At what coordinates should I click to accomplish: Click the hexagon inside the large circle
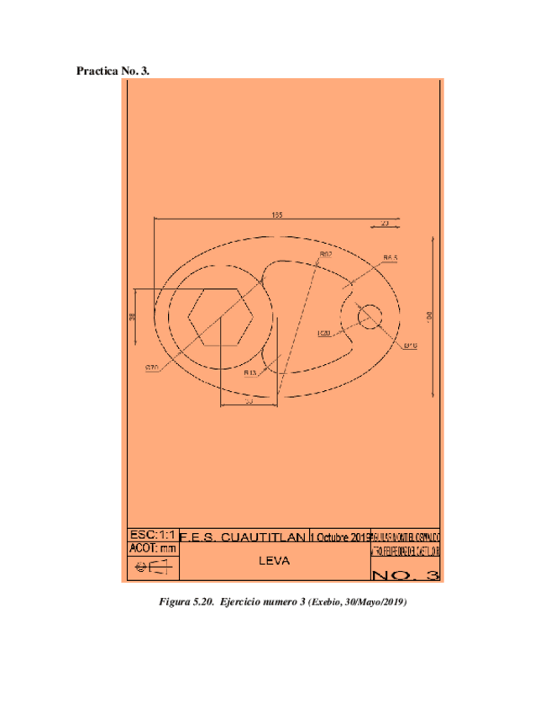[x=220, y=318]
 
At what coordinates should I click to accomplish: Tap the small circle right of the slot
[x=370, y=317]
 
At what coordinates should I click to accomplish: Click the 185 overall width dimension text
[x=276, y=214]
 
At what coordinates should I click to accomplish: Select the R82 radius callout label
[x=325, y=253]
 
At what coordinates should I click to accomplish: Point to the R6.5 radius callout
[x=390, y=258]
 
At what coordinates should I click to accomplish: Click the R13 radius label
[x=250, y=372]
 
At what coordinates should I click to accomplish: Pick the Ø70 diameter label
[x=152, y=367]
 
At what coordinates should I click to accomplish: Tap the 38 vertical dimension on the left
[x=132, y=317]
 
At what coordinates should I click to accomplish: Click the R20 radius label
[x=324, y=334]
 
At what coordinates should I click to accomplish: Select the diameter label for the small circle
[x=410, y=346]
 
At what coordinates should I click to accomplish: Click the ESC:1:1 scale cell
[x=152, y=534]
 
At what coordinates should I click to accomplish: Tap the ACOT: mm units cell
[x=152, y=548]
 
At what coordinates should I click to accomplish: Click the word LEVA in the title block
[x=274, y=561]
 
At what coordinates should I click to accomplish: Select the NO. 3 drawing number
[x=405, y=575]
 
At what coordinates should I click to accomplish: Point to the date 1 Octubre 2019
[x=339, y=536]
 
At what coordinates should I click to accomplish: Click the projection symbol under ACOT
[x=152, y=568]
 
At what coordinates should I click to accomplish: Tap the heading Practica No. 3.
[x=113, y=71]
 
